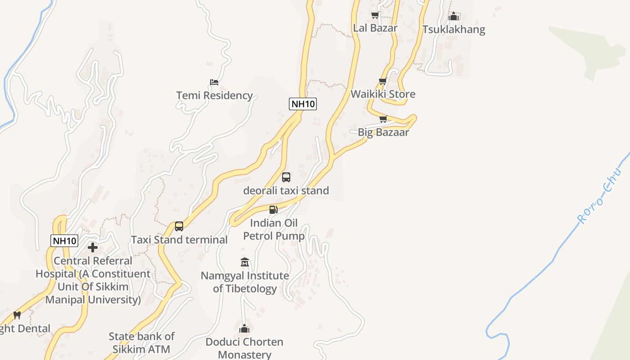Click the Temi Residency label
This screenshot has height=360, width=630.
tap(214, 95)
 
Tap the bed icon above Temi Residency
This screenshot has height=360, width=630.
tap(214, 82)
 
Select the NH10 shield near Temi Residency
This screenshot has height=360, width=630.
tap(303, 104)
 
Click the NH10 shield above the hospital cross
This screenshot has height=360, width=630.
tap(64, 241)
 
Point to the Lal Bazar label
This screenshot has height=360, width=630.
tap(375, 28)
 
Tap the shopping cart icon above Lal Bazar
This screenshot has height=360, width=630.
tap(375, 15)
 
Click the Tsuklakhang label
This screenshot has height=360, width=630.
tap(454, 30)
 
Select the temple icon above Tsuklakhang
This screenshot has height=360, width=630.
tap(454, 17)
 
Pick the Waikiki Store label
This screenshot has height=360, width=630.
tap(382, 94)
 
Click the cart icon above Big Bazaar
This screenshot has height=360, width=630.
tap(383, 119)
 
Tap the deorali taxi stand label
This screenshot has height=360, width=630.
tap(286, 190)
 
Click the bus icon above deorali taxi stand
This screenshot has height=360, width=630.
tap(286, 177)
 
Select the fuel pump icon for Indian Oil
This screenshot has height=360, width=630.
tap(273, 210)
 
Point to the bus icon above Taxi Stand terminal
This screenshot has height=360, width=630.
tap(179, 226)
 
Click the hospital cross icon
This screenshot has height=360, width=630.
tap(93, 247)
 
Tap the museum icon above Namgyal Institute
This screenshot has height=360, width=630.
tap(245, 262)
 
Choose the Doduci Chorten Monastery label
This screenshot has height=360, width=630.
tap(244, 348)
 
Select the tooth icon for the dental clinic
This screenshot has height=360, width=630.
tap(17, 315)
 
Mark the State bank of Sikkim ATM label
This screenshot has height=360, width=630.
tap(141, 342)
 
